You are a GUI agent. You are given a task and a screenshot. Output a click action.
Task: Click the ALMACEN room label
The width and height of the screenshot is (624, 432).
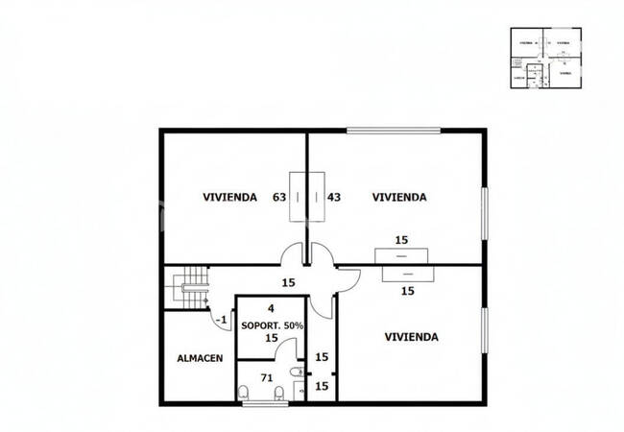(201, 358)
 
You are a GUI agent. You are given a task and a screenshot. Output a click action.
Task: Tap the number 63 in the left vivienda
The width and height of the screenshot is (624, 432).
(279, 198)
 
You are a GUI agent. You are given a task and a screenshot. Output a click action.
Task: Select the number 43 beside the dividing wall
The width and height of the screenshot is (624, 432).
(334, 198)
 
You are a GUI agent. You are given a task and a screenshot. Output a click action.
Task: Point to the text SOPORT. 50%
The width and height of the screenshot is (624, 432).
(272, 324)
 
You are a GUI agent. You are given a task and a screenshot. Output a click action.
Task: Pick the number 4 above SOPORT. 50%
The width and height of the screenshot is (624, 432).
(272, 309)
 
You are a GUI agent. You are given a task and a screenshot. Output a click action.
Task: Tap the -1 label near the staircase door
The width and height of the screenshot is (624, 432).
(221, 320)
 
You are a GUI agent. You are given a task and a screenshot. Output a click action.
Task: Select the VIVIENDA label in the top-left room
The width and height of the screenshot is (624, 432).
(229, 198)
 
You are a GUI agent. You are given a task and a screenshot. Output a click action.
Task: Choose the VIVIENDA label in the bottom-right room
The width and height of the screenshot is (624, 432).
(411, 337)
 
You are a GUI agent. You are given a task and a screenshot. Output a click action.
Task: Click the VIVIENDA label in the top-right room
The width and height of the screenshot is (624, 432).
(399, 198)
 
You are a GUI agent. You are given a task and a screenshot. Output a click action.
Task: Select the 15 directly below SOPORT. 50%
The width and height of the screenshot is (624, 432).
(272, 338)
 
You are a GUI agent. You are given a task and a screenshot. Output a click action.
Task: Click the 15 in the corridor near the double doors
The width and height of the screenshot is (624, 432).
(287, 282)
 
